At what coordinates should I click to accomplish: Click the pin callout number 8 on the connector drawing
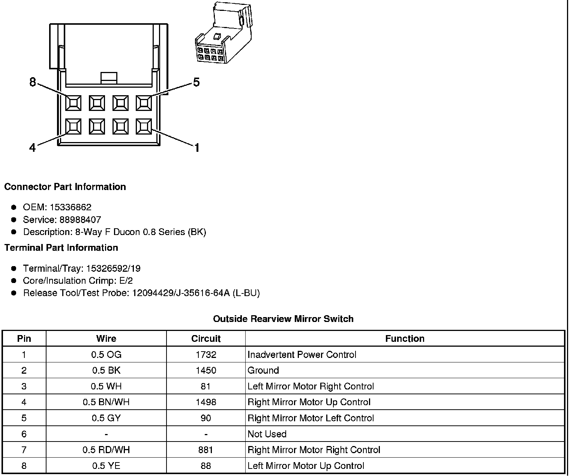[x=33, y=82]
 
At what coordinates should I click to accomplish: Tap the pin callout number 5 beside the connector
[x=196, y=82]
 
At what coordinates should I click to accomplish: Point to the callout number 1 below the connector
[x=196, y=148]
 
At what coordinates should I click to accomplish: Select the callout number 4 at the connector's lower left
[x=33, y=148]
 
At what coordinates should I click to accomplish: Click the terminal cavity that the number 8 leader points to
[x=73, y=103]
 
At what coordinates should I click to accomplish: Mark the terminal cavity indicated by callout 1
[x=144, y=127]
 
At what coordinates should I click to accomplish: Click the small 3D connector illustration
[x=223, y=34]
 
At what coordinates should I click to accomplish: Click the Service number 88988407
[x=80, y=220]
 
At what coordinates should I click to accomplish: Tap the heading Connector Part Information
[x=65, y=187]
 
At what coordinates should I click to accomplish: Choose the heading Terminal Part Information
[x=61, y=248]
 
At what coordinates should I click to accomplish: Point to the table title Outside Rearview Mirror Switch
[x=283, y=319]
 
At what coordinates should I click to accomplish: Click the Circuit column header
[x=206, y=339]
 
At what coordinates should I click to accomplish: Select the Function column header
[x=405, y=339]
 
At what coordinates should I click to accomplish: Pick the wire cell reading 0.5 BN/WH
[x=106, y=402]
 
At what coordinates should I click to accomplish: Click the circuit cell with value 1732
[x=206, y=355]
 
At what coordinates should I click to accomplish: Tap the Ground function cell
[x=263, y=370]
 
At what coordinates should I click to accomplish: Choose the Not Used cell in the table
[x=267, y=434]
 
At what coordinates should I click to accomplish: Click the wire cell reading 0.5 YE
[x=106, y=466]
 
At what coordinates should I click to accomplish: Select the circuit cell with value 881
[x=206, y=450]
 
